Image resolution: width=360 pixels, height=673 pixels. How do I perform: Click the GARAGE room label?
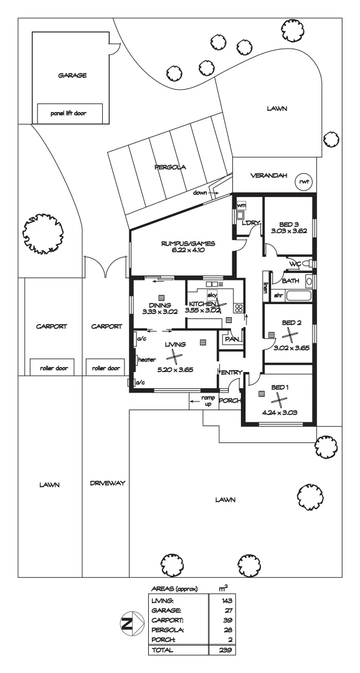72,75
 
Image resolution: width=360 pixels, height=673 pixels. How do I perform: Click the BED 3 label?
288,222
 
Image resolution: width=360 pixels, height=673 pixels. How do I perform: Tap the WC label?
295,264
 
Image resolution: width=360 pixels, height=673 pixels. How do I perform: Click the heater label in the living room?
147,360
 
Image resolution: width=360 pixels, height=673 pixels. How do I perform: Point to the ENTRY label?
230,373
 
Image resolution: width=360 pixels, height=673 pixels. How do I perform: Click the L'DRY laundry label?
250,223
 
